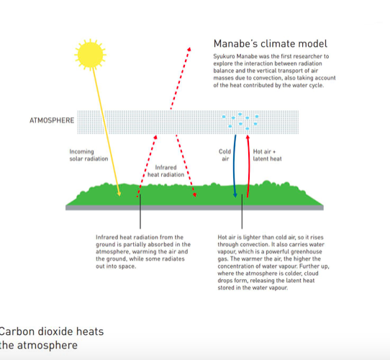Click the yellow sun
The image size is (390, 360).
click(x=90, y=55)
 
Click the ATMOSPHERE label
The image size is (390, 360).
click(x=52, y=120)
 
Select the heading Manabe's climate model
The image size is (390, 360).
click(x=271, y=44)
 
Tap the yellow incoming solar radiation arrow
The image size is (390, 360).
click(x=106, y=132)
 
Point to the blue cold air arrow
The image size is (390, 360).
click(x=234, y=166)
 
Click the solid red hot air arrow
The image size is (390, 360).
click(x=248, y=166)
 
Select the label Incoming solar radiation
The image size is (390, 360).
click(x=89, y=155)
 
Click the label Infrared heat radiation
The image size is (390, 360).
click(x=166, y=171)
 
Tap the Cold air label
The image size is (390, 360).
click(x=225, y=155)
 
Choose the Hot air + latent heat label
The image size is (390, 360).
click(x=268, y=155)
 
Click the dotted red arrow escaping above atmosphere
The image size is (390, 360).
click(x=180, y=78)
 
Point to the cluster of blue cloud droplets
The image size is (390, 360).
click(x=240, y=121)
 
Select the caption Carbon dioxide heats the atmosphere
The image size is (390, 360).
click(x=52, y=338)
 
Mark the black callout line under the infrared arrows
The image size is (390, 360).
click(x=140, y=212)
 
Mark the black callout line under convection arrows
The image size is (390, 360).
click(x=242, y=212)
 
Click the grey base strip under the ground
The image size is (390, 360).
click(x=194, y=207)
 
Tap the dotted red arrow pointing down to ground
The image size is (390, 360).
click(x=186, y=166)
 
